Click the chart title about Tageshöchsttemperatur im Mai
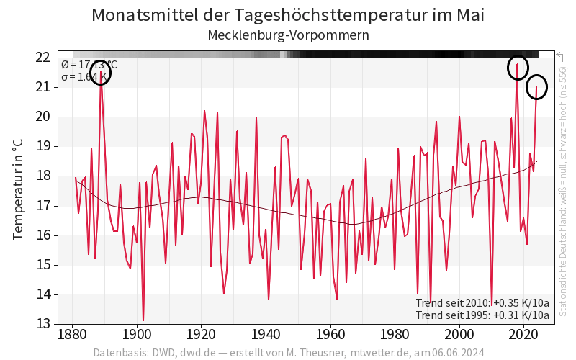(288, 15)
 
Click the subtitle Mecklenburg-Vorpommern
(288, 35)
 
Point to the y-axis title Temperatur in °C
(19, 190)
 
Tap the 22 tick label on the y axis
(43, 57)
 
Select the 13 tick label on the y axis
(43, 324)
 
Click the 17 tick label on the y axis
(43, 205)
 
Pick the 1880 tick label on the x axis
(72, 335)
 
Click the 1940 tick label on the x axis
(266, 335)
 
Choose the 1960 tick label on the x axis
(331, 335)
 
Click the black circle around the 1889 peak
(101, 73)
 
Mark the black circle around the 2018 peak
(517, 68)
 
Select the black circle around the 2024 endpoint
(536, 88)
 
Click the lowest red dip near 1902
(143, 320)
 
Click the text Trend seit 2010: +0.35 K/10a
(482, 302)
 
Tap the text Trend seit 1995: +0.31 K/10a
(482, 315)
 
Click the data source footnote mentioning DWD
(288, 353)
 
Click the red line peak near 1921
(204, 111)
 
